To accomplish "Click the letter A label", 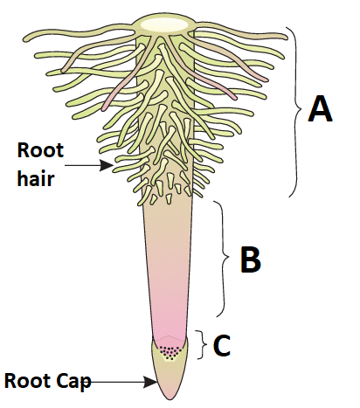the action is pos(320,108).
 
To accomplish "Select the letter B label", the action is pos(251,259).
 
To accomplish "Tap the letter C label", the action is pos(222,345).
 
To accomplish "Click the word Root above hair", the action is pos(40,150).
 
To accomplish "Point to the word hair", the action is pos(36,177).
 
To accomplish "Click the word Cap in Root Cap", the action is pos(73,381).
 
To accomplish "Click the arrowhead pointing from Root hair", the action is pos(107,165).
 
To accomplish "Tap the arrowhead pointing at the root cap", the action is pos(150,382).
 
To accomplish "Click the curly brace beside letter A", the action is pos(296,112).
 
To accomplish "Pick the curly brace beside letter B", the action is pos(224,258).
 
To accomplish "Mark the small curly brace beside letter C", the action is pos(202,345).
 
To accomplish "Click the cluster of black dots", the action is pos(170,352).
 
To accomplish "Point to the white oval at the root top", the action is pos(164,24).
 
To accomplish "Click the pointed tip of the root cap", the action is pos(170,399).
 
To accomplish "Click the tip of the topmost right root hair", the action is pos(286,37).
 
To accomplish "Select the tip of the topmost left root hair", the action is pos(25,38).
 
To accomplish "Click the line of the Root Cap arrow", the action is pos(116,382).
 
